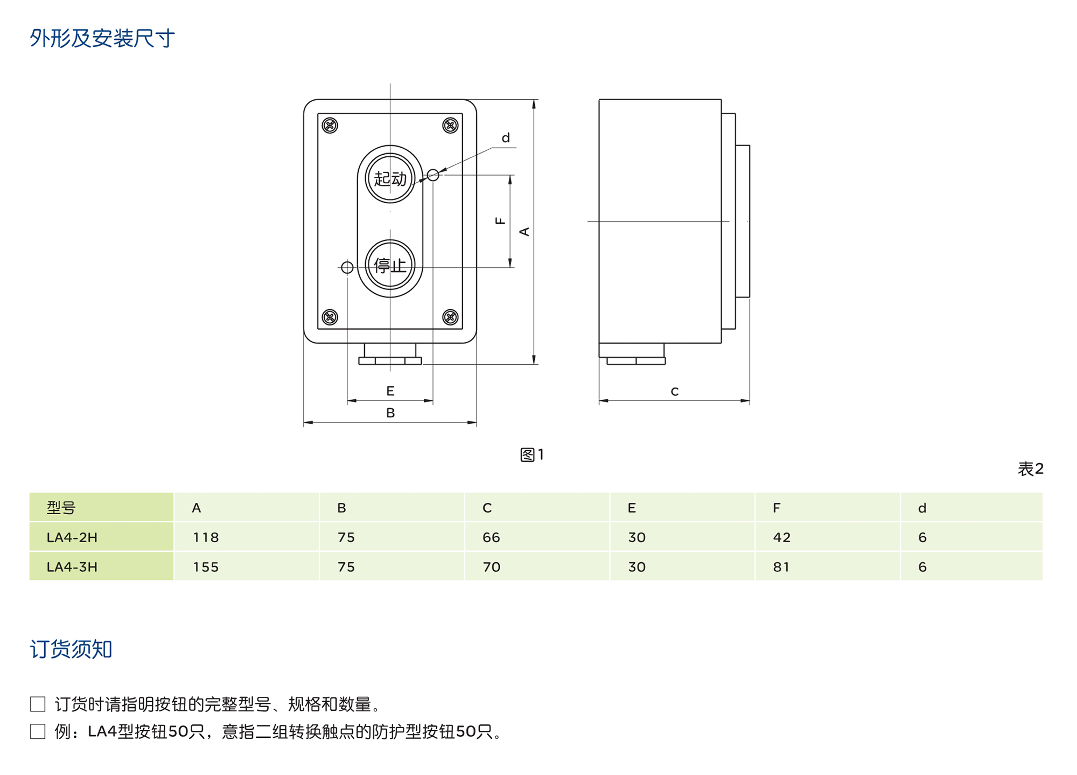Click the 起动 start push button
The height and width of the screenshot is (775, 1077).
coord(390,178)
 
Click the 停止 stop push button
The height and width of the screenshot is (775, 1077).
coord(390,265)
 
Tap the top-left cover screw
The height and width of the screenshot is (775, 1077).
coord(330,126)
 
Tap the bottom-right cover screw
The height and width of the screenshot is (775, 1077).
coord(450,317)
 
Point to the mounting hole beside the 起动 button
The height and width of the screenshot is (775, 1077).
coord(433,175)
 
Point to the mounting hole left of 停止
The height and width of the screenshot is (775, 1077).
coord(347,267)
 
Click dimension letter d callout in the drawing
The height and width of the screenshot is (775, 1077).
coord(506,138)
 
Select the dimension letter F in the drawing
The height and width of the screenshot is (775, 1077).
coord(500,220)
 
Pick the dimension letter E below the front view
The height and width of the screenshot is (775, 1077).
coord(390,391)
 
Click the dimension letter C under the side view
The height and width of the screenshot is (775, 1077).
coord(674,392)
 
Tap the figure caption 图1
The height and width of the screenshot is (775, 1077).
coord(531,455)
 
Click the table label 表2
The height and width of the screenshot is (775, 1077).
coord(1030,469)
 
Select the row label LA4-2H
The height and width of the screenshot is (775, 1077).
coord(72,537)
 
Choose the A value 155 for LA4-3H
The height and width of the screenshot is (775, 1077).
coord(206,567)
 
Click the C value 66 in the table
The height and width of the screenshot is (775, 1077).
coord(491,537)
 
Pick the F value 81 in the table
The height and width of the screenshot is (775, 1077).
coord(781,567)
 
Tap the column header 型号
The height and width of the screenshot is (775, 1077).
coord(61,508)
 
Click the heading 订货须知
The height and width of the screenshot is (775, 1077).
coord(71,649)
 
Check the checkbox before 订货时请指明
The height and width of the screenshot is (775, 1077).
coord(38,704)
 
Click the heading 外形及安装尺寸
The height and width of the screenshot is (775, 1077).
coord(102,38)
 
